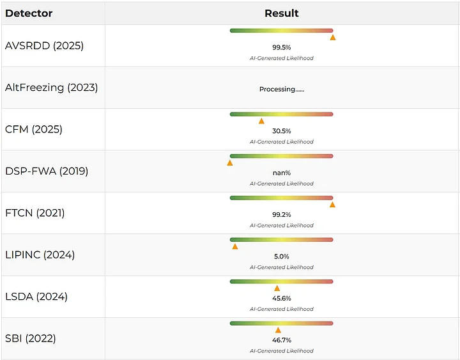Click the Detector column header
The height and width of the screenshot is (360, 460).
(29, 13)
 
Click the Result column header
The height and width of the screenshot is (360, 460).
(282, 13)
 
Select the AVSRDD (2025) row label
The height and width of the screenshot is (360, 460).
(44, 46)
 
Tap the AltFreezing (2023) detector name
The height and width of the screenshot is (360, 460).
(51, 88)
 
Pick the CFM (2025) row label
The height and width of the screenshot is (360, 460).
(34, 130)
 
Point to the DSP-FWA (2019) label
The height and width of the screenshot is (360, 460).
(47, 171)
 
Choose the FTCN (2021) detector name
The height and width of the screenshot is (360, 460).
(35, 213)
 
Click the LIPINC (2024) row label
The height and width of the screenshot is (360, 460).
(40, 255)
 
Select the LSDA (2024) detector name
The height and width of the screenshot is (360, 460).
(36, 297)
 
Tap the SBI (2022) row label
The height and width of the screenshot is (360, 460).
(31, 338)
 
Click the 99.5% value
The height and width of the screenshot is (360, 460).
(282, 47)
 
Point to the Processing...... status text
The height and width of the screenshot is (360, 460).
(282, 90)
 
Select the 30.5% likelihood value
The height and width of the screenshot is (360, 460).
(282, 131)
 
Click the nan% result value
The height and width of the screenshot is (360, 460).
(282, 173)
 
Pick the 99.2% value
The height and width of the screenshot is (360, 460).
(282, 215)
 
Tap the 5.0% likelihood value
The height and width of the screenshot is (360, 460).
(282, 256)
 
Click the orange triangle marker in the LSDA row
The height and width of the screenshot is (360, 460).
(277, 288)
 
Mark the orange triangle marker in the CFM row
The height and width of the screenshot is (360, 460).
(261, 121)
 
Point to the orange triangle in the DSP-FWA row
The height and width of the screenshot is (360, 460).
(230, 163)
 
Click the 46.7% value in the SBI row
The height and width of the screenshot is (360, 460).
(282, 340)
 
